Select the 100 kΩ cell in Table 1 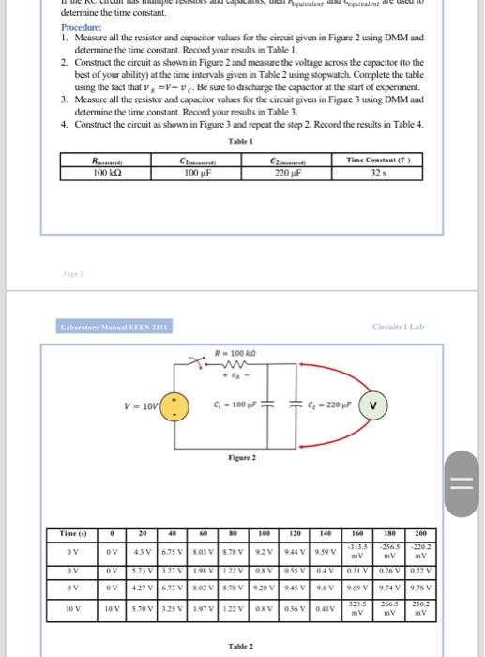[x=97, y=172]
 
